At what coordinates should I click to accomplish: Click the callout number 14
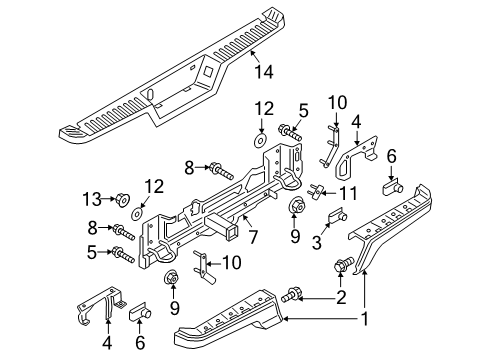264,72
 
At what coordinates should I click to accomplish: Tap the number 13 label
92,199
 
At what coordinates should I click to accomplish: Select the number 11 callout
348,193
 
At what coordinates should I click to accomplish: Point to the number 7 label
253,237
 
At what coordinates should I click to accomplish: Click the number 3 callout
317,242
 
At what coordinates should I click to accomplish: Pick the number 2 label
341,297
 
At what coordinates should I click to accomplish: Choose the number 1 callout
365,319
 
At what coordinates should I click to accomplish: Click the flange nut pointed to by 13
122,200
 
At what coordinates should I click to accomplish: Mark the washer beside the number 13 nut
137,214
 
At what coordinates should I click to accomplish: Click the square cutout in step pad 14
209,70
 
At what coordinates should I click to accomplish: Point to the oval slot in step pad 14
150,94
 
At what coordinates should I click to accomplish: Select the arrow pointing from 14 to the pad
255,57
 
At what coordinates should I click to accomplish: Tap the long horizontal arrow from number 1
321,319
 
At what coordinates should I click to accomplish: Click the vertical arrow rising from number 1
365,289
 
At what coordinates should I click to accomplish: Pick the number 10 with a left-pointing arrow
232,262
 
